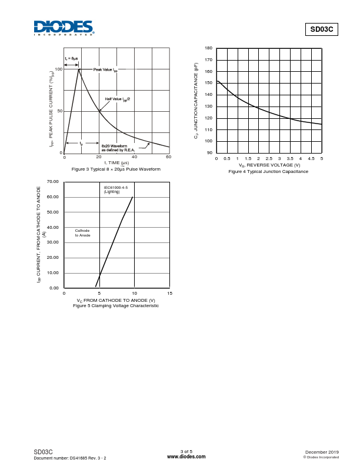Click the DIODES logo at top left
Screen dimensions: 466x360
point(64,28)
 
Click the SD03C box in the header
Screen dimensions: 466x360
point(321,30)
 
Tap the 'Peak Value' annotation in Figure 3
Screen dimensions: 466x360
point(105,69)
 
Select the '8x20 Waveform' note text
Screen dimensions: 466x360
point(114,145)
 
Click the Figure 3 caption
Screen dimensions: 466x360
point(116,169)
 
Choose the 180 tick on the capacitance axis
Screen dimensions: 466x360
point(209,48)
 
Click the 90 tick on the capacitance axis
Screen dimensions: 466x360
point(210,152)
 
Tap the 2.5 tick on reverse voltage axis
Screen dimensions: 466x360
point(269,159)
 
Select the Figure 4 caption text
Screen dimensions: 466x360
point(268,171)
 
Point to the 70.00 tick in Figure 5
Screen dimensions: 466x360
point(53,182)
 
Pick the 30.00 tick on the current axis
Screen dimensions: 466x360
point(53,242)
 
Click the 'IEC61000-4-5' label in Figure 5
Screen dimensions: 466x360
point(115,187)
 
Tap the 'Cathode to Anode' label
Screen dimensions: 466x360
point(82,233)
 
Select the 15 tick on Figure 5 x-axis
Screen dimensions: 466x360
point(169,293)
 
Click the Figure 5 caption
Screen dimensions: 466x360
point(116,305)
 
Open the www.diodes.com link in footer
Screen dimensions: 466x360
point(186,456)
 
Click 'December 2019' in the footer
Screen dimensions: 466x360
point(322,451)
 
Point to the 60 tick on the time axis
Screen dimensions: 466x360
point(169,157)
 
